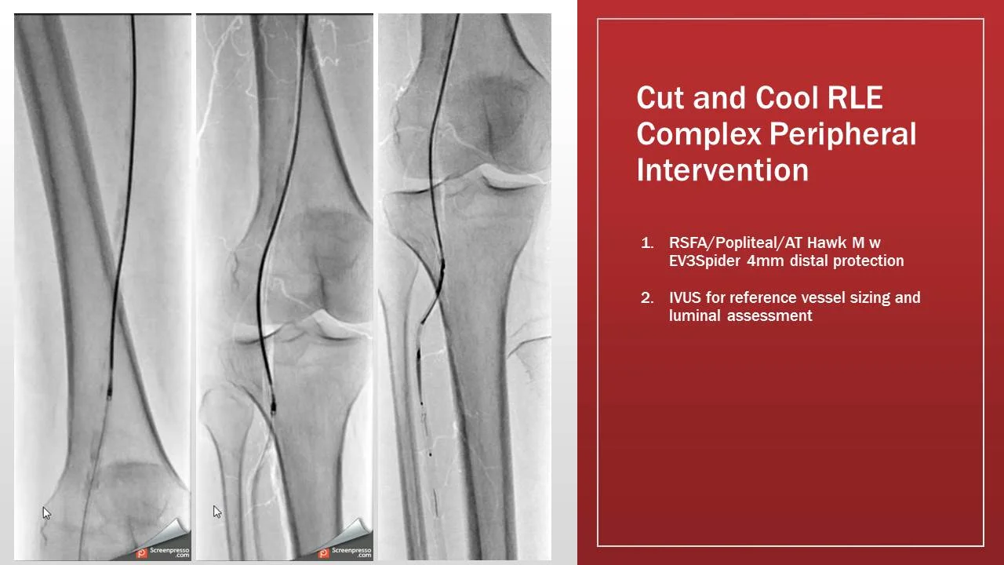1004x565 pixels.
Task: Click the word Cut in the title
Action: tap(660, 98)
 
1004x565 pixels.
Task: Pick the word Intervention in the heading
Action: tap(722, 169)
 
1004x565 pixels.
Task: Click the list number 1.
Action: tap(647, 243)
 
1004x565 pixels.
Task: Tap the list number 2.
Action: tap(647, 298)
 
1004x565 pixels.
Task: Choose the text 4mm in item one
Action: tap(766, 261)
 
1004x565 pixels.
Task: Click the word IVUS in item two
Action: tap(687, 298)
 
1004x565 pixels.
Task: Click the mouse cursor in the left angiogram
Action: tap(46, 513)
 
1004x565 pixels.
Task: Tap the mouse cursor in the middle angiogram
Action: tap(217, 512)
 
